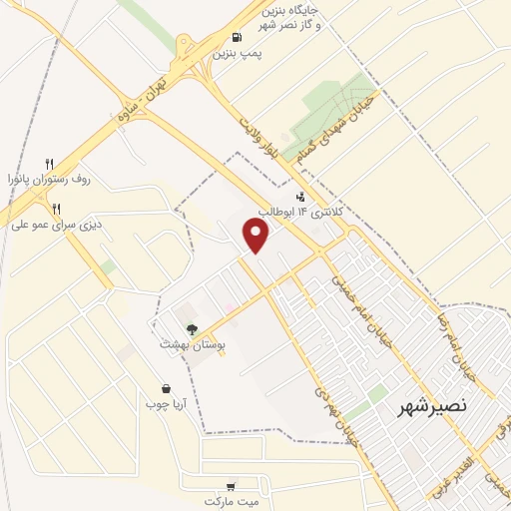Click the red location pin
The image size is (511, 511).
tap(256, 236)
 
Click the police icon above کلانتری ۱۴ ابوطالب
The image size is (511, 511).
tap(300, 196)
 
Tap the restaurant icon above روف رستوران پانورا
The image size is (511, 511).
tap(49, 164)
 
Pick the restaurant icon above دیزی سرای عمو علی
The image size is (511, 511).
tap(57, 209)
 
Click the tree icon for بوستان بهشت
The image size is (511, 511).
tap(191, 327)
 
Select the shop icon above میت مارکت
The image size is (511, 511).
tap(232, 485)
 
